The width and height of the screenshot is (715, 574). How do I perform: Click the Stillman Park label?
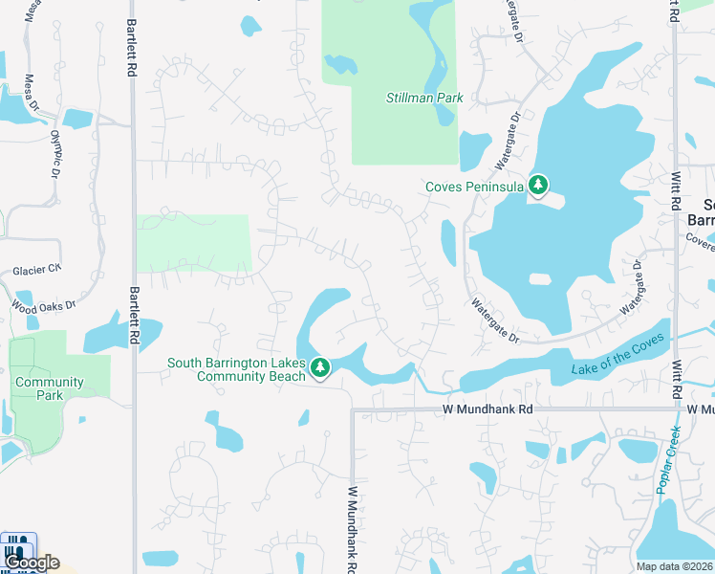tap(423, 98)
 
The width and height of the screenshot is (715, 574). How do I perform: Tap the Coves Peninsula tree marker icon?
tap(538, 186)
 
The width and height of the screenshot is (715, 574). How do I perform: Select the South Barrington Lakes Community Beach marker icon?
tap(320, 367)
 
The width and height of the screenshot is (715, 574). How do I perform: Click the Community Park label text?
tap(50, 388)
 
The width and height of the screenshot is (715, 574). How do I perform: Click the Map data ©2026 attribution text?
tap(675, 566)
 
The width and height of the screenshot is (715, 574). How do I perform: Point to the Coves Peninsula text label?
tap(475, 187)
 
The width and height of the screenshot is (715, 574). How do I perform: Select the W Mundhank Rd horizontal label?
tap(487, 409)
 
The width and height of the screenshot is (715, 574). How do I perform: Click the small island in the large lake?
tap(541, 279)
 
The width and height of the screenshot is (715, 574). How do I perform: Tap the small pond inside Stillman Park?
tap(340, 65)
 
